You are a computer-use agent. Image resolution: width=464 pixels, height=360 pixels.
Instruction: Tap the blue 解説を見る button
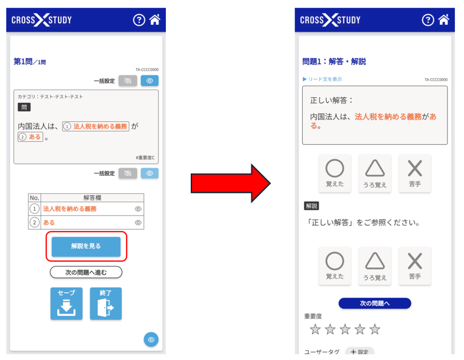click(x=86, y=246)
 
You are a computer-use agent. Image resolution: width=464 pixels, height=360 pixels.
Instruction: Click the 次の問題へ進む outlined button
click(x=86, y=272)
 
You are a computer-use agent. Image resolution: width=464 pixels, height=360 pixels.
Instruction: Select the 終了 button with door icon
click(x=106, y=303)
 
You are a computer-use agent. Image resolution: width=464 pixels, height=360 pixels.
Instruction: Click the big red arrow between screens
click(x=231, y=183)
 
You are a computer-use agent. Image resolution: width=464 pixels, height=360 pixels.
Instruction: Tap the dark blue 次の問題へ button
click(x=375, y=303)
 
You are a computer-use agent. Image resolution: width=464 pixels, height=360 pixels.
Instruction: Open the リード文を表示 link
click(x=322, y=79)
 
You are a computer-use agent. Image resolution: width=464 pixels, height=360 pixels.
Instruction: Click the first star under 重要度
click(x=315, y=329)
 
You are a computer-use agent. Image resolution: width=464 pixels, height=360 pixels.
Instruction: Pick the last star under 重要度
click(x=375, y=329)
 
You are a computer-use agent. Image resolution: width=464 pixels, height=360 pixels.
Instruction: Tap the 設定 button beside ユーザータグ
click(x=359, y=351)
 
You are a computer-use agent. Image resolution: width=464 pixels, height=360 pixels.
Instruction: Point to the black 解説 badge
click(x=311, y=206)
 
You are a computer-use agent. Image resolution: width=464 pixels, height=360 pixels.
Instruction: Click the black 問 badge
click(x=24, y=107)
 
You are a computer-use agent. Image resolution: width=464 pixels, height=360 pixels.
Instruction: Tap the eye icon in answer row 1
click(x=138, y=209)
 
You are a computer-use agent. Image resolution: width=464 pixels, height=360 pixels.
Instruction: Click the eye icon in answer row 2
click(x=138, y=223)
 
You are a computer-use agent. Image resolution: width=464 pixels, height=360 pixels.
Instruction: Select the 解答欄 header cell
click(x=92, y=198)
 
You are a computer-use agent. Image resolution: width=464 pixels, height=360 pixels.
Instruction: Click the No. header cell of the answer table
click(x=34, y=198)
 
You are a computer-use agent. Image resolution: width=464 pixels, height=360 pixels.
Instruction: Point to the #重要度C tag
click(x=145, y=158)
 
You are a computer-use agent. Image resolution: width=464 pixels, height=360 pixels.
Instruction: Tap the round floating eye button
click(x=151, y=340)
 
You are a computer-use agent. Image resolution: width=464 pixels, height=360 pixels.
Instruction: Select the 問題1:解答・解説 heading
click(x=334, y=62)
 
